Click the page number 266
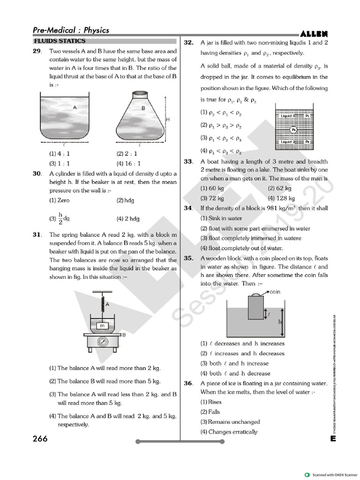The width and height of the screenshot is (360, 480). click(x=40, y=439)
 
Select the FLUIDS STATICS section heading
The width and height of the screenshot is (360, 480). click(x=60, y=41)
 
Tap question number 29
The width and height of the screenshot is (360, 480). click(x=37, y=51)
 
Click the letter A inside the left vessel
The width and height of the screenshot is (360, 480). click(x=75, y=107)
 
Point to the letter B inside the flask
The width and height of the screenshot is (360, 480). click(x=143, y=108)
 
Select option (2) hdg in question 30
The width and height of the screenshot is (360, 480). click(x=125, y=200)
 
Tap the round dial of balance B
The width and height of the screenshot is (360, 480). click(x=102, y=342)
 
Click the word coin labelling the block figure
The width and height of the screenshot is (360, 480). click(x=274, y=292)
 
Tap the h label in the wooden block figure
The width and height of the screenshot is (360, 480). click(x=279, y=322)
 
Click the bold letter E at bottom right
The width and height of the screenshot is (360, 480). click(x=332, y=439)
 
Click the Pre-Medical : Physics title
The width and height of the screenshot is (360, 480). click(x=71, y=30)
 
